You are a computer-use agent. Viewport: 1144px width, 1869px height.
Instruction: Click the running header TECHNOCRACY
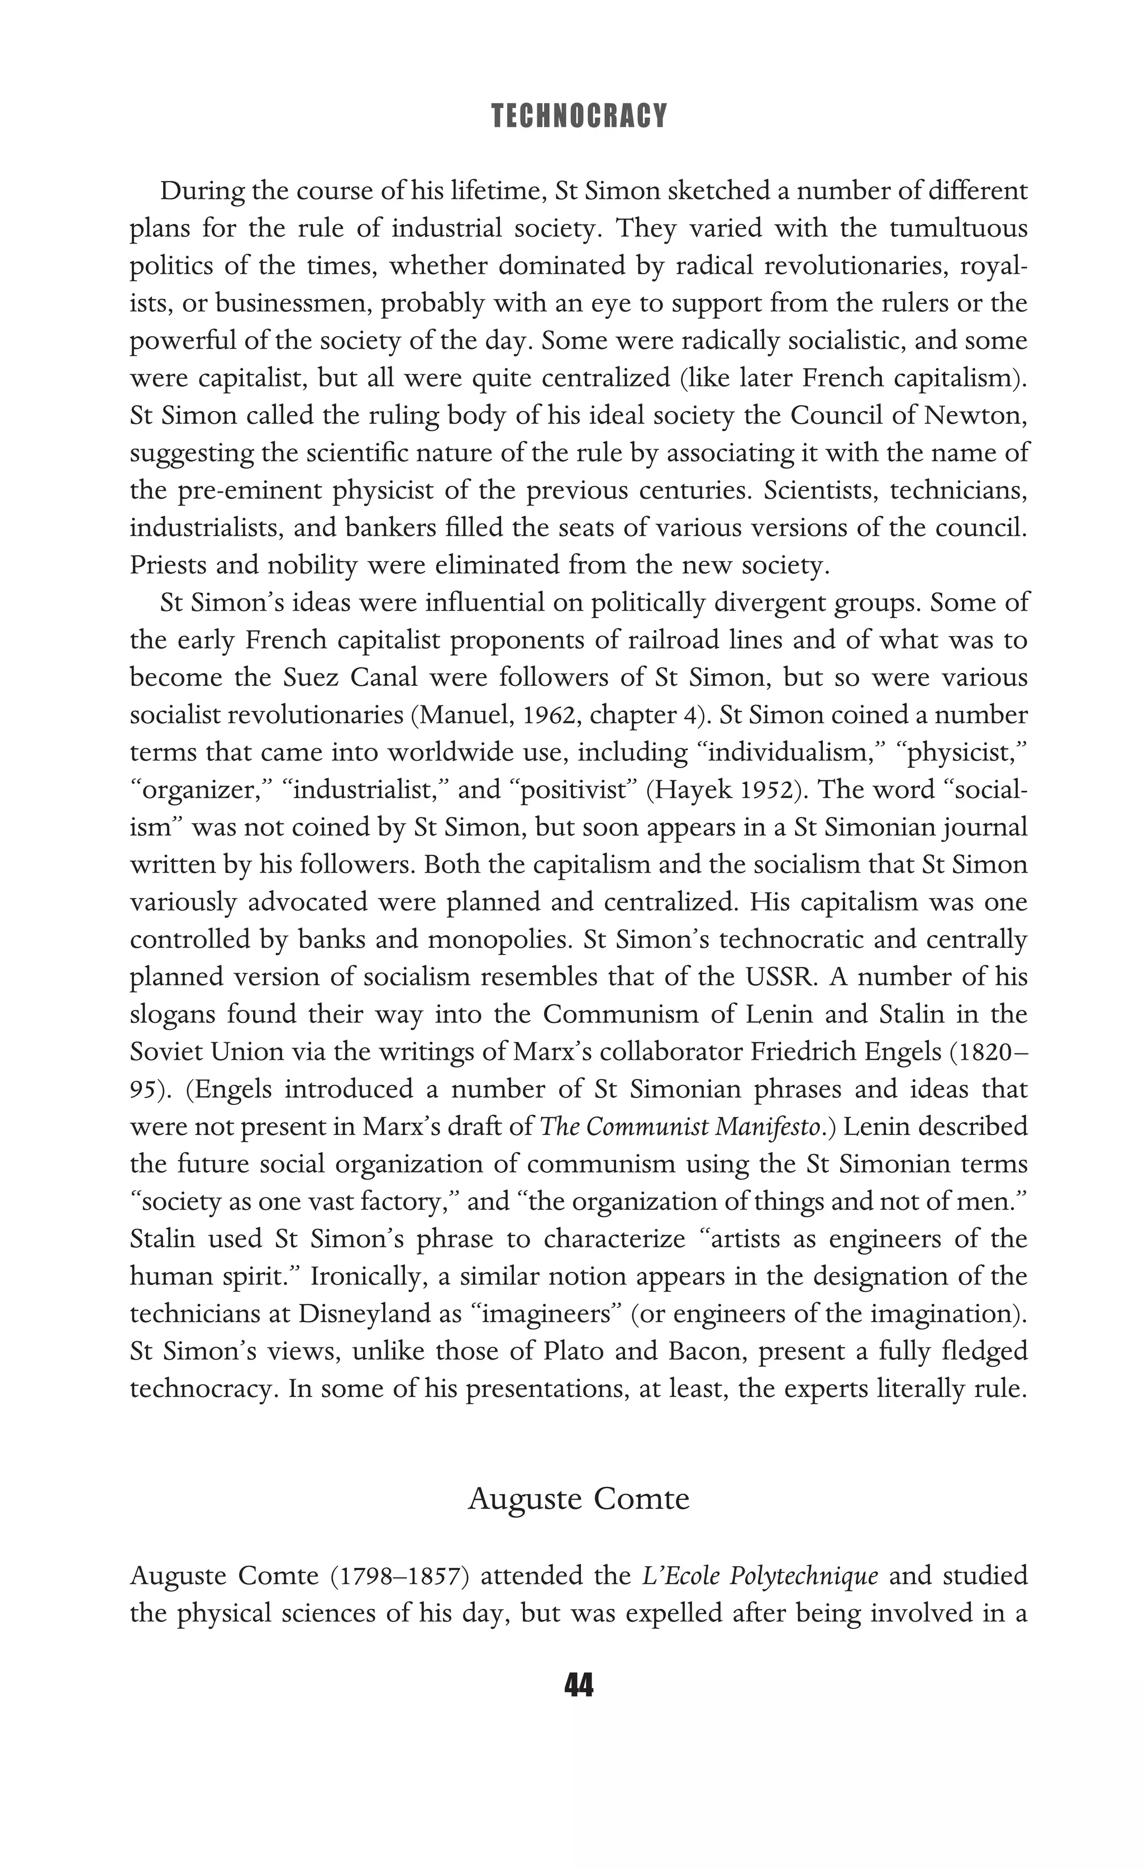[579, 116]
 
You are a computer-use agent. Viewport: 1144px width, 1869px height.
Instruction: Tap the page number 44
[579, 1685]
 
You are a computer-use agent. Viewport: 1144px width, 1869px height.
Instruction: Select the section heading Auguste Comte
[579, 1498]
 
